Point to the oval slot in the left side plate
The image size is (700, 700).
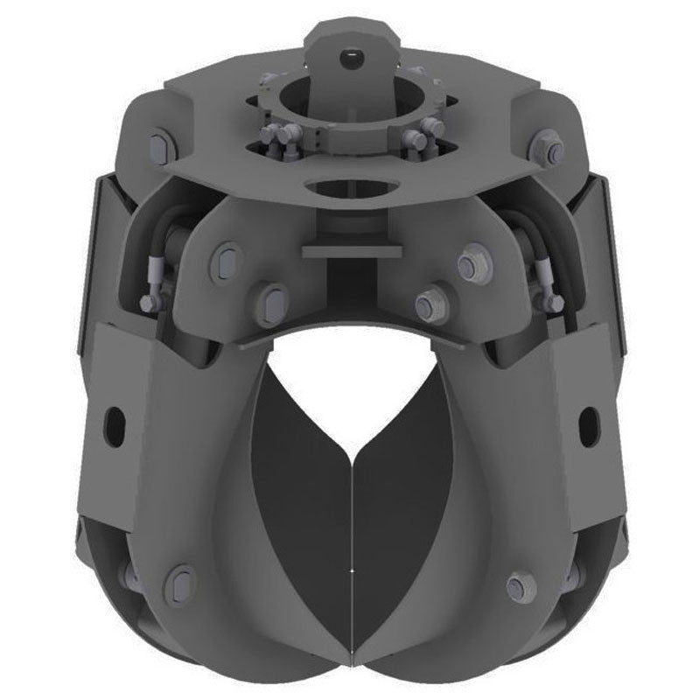coord(114,423)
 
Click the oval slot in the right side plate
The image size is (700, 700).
coord(588,423)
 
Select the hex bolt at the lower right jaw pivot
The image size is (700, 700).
coord(521,584)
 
